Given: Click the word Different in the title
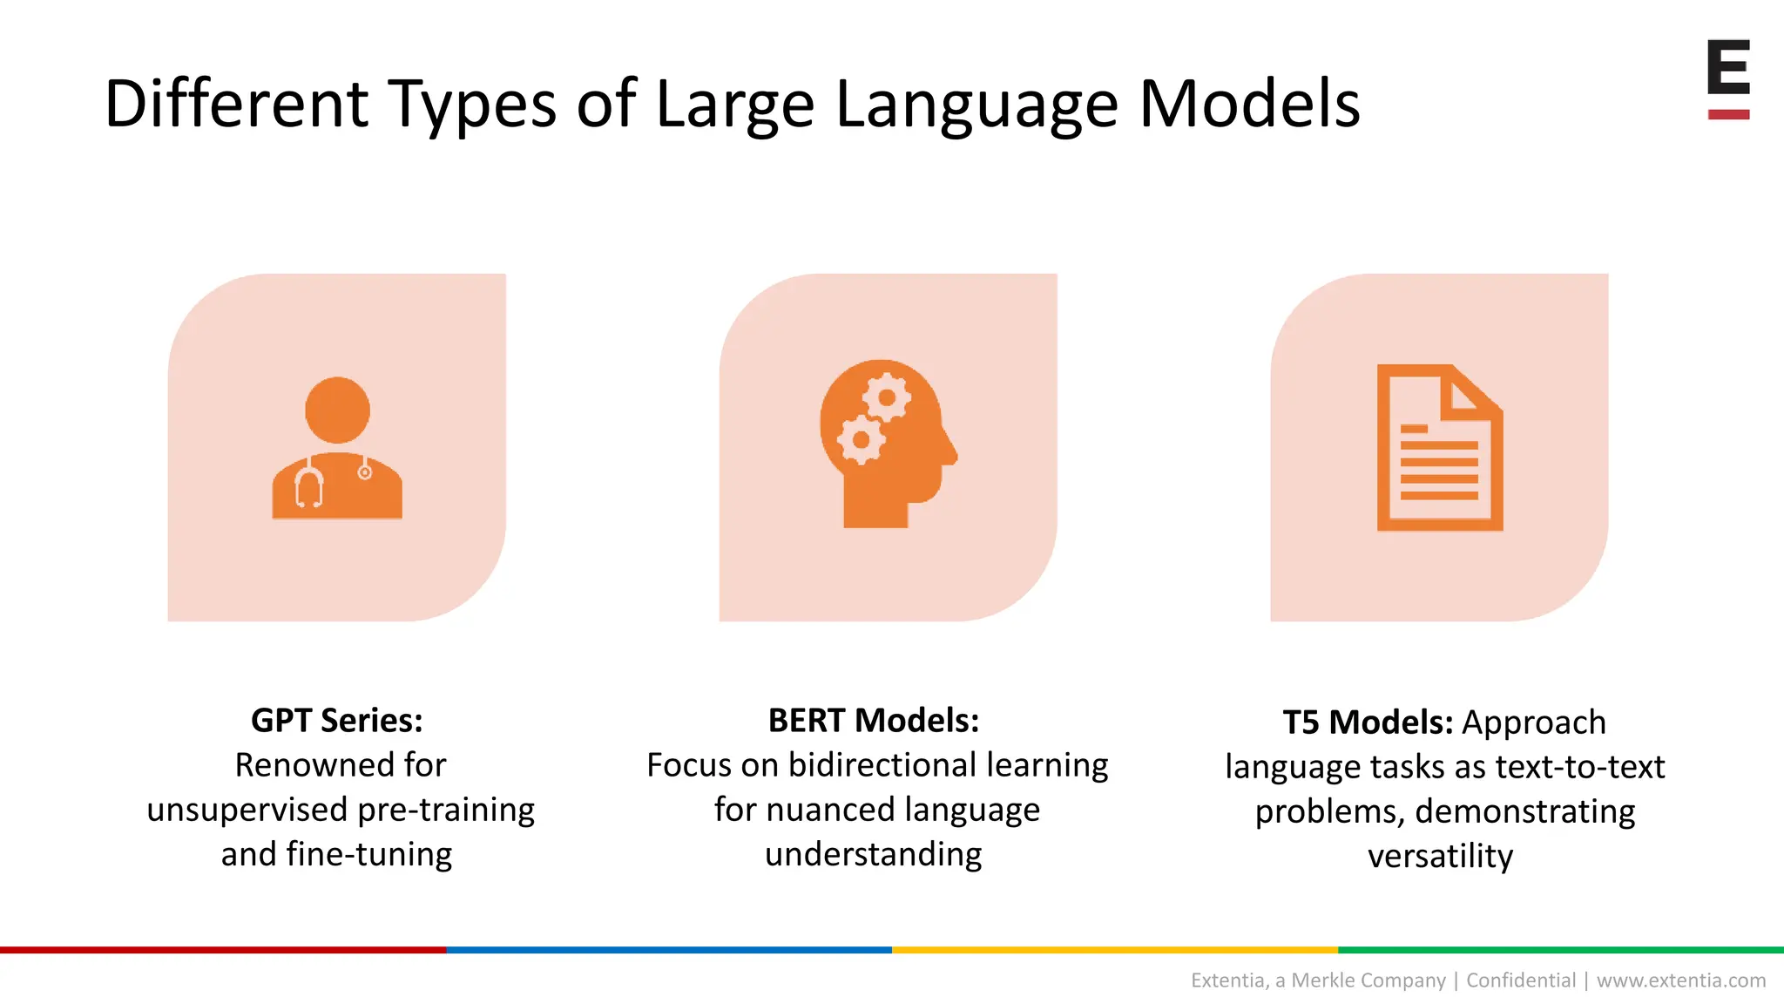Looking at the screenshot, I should [x=236, y=104].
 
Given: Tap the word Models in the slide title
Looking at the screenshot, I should [x=1249, y=104].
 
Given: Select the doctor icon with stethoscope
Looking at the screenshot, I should [x=337, y=449].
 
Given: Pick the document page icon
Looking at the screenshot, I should [x=1439, y=447].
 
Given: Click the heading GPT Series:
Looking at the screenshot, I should [x=337, y=721].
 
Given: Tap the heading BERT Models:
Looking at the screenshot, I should [x=874, y=721].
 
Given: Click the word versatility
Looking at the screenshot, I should [x=1440, y=856].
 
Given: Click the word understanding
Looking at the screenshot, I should [x=874, y=854].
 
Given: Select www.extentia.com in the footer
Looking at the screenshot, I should [x=1681, y=980].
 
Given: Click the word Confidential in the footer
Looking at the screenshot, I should [x=1521, y=980].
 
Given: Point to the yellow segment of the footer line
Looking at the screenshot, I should [x=1115, y=950].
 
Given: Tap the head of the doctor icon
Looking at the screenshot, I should [x=337, y=410].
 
